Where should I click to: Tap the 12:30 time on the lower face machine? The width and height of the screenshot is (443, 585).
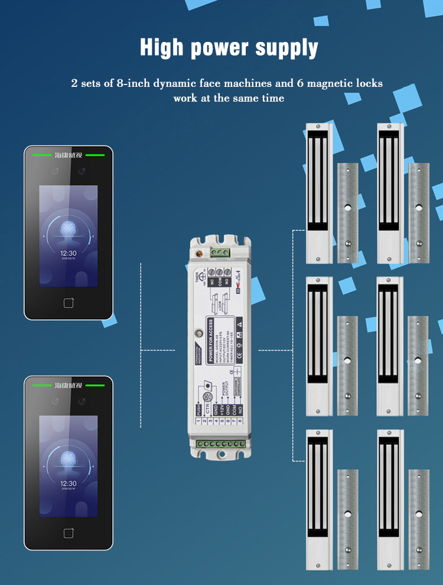[68, 482]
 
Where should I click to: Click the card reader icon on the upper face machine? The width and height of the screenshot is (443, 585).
[69, 303]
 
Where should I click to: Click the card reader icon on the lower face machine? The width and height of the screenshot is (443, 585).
[69, 533]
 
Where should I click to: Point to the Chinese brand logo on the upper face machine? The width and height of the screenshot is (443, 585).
[68, 155]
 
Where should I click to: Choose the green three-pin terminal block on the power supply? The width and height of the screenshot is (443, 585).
[221, 253]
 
